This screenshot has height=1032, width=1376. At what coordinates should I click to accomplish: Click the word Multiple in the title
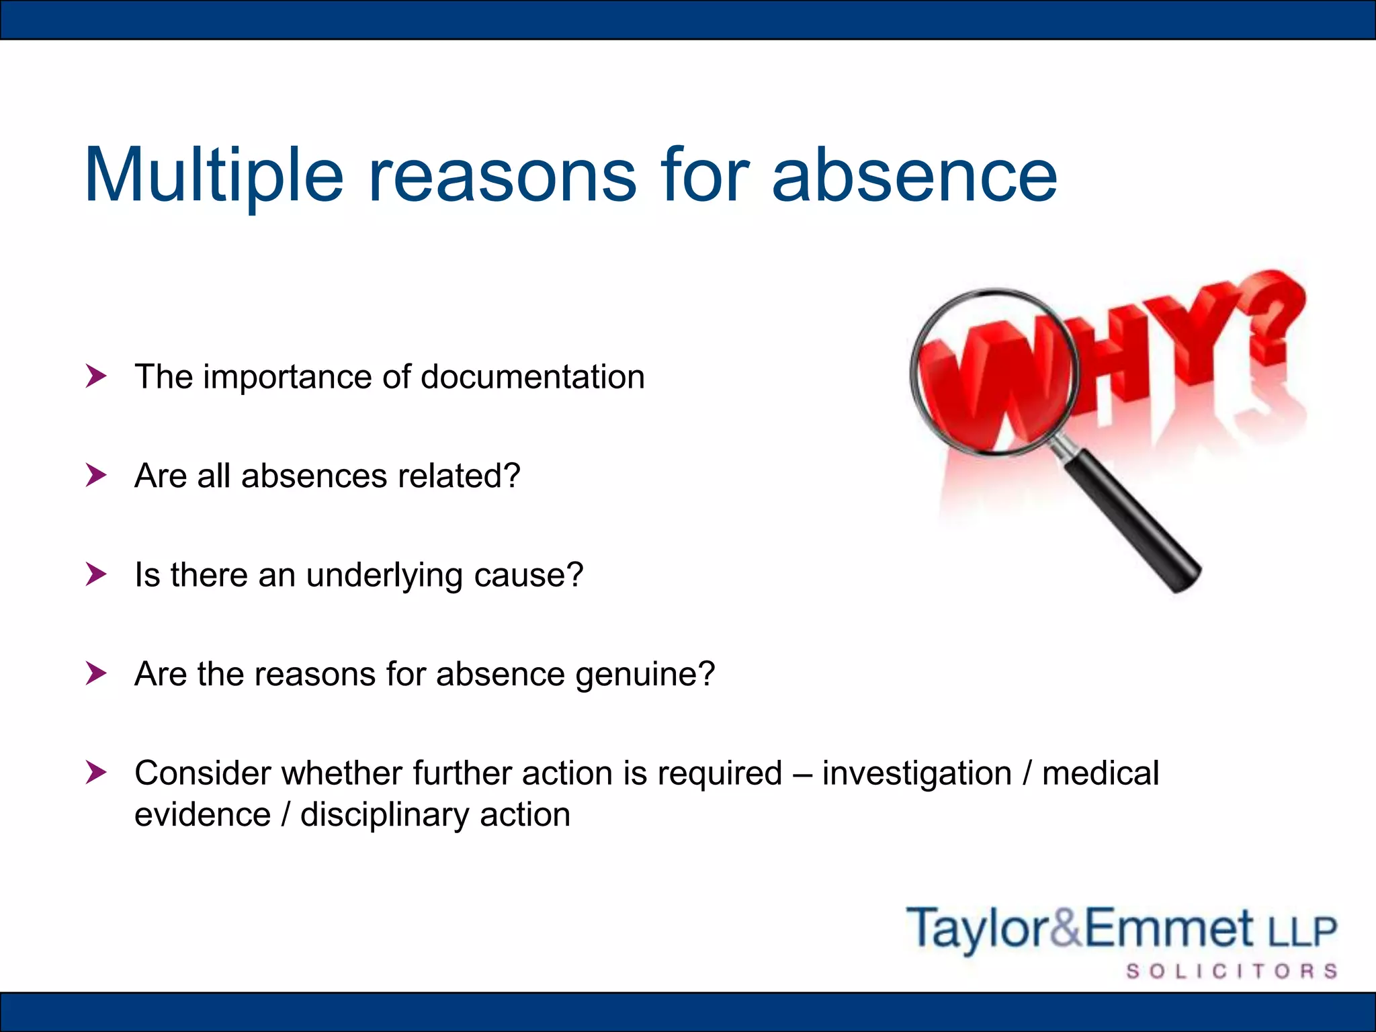coord(214,176)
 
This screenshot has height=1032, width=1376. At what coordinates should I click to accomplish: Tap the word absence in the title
coord(914,176)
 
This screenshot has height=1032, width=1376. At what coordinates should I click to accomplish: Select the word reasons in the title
coord(502,176)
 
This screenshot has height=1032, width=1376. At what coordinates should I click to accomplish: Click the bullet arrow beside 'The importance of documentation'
coord(96,376)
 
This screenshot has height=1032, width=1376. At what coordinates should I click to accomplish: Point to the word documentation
coord(532,377)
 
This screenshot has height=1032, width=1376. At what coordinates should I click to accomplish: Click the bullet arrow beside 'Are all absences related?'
coord(96,476)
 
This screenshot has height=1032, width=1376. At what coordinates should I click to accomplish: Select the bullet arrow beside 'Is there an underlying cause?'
coord(96,574)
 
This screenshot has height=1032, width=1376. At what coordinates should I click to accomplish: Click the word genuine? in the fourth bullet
coord(645,675)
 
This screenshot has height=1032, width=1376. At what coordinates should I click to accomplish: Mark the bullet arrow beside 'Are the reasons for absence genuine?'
coord(96,673)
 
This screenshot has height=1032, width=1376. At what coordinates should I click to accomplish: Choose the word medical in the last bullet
coord(1101,773)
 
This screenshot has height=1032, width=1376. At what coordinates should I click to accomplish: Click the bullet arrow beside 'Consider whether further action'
coord(96,773)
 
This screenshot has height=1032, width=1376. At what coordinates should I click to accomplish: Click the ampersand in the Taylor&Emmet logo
coord(1064,928)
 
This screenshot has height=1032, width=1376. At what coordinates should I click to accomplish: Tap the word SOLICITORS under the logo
coord(1232,972)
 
